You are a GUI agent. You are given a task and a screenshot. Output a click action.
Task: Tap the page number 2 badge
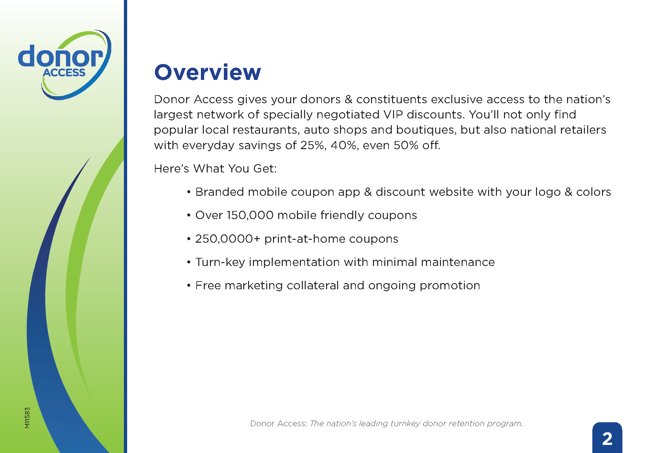607,438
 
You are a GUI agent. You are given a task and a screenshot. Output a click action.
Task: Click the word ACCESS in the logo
64,72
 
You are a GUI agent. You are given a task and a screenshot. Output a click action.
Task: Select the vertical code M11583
27,418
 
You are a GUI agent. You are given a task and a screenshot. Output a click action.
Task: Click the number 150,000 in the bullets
250,215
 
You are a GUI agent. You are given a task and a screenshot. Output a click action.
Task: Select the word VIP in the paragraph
393,115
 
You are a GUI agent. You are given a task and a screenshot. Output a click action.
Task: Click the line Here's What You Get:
215,169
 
